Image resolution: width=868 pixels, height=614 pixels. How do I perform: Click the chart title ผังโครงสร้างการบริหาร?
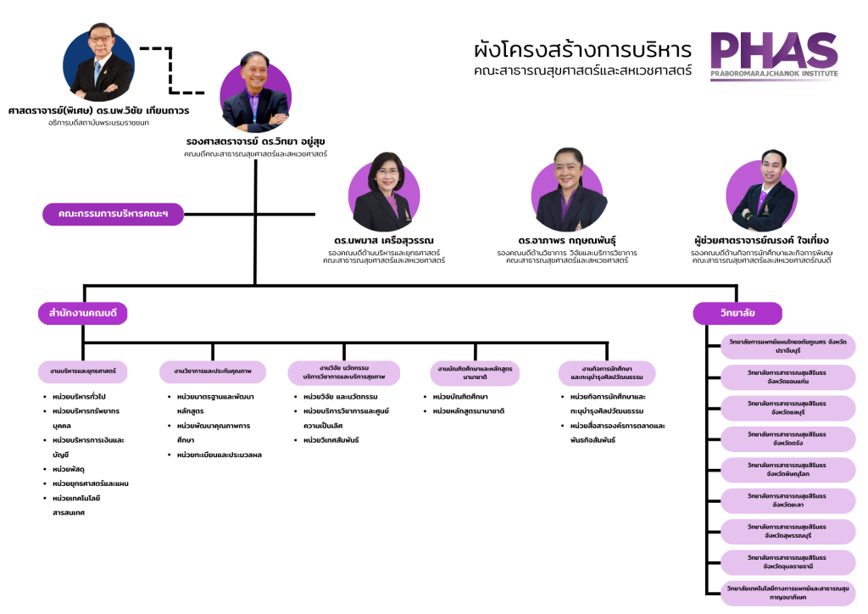582,48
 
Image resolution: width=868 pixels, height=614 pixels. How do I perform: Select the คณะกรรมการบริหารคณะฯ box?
114,215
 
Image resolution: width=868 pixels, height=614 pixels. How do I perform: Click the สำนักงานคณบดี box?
82,314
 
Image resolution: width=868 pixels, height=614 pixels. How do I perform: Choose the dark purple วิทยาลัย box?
737,314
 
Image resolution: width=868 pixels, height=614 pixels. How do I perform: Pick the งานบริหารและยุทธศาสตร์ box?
83,371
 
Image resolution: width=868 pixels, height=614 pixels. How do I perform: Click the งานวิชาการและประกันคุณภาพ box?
213,371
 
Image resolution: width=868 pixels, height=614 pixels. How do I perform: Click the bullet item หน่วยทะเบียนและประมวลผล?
219,455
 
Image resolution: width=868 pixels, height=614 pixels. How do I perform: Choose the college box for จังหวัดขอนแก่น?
776,377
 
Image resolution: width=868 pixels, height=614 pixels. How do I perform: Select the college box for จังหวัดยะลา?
776,500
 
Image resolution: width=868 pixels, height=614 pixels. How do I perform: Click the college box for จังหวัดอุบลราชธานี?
776,561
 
